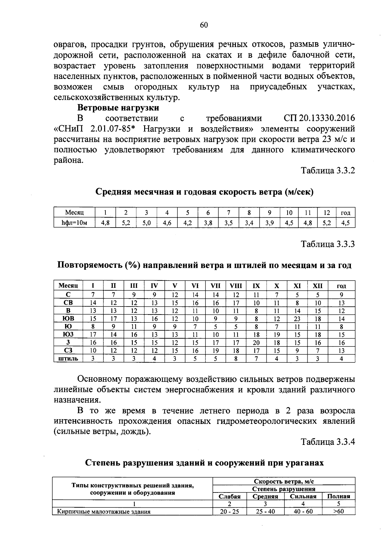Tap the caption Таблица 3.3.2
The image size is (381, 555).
pos(328,171)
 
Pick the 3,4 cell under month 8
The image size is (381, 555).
pos(249,223)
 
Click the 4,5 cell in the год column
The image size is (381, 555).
pos(345,223)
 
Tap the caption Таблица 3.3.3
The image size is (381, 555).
pos(328,244)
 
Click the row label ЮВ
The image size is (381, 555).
pos(68,318)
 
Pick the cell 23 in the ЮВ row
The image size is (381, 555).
pos(297,319)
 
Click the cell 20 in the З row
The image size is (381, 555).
pos(256,343)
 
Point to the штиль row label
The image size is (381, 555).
pos(68,359)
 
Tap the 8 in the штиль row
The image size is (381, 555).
pos(236,359)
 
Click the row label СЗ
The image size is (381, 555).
pos(68,351)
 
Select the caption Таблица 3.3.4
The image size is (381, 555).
pos(328,442)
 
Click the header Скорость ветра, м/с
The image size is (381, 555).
pos(284,481)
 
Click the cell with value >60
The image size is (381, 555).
pos(338,512)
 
